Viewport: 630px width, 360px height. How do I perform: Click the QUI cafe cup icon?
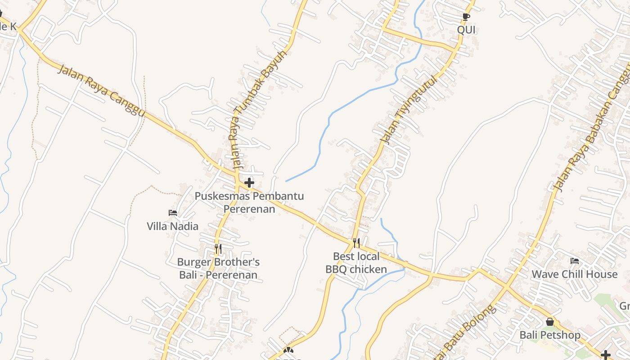tap(466, 17)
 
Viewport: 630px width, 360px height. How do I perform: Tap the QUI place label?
tap(466, 30)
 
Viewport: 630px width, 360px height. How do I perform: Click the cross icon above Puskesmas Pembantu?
tap(249, 183)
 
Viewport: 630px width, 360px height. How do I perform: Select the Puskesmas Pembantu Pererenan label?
tap(249, 202)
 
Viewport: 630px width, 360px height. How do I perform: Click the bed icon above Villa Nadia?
tap(173, 212)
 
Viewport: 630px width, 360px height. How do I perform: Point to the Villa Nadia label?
tap(173, 226)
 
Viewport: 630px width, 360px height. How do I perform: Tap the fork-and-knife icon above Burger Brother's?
tap(218, 248)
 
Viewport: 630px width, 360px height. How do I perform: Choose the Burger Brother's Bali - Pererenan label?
tap(218, 268)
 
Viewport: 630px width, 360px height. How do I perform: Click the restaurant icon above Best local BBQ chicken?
tap(356, 243)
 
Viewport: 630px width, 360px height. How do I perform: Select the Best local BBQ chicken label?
tap(356, 263)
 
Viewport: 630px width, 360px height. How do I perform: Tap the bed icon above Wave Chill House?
tap(574, 261)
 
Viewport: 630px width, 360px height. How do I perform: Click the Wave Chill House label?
tap(574, 274)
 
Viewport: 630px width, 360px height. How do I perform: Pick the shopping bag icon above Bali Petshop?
tap(550, 322)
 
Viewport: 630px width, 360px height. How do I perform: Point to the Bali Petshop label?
tap(550, 335)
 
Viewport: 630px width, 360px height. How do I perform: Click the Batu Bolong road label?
tap(468, 331)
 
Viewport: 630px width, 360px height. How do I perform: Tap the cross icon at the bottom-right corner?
tap(606, 355)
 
